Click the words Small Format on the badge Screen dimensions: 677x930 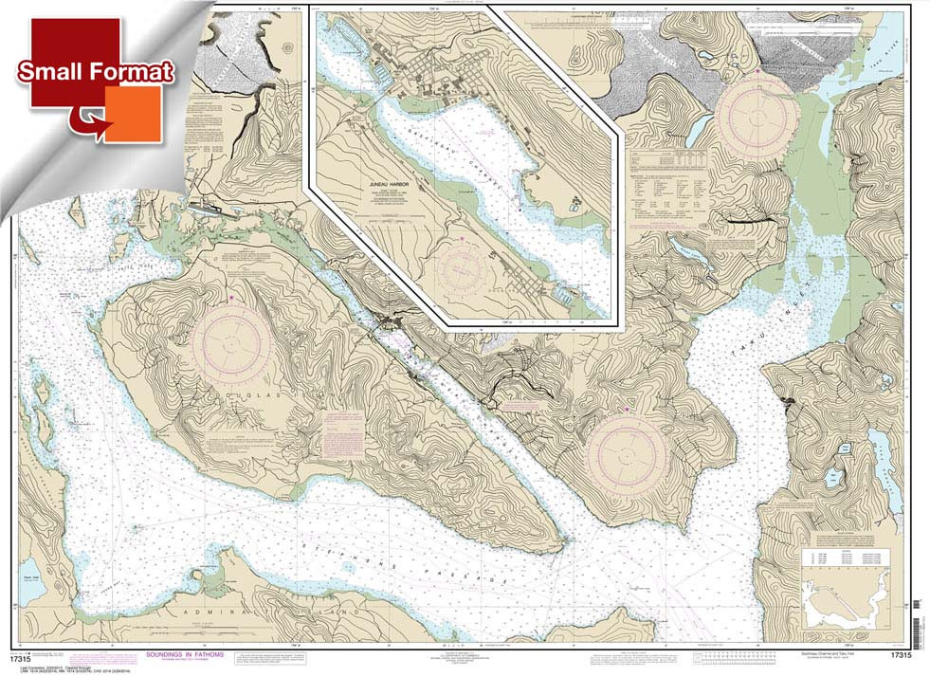(x=94, y=73)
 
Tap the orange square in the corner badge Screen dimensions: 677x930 (x=133, y=114)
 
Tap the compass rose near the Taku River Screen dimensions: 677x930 (x=758, y=113)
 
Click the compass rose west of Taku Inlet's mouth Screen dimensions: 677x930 (x=628, y=452)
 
